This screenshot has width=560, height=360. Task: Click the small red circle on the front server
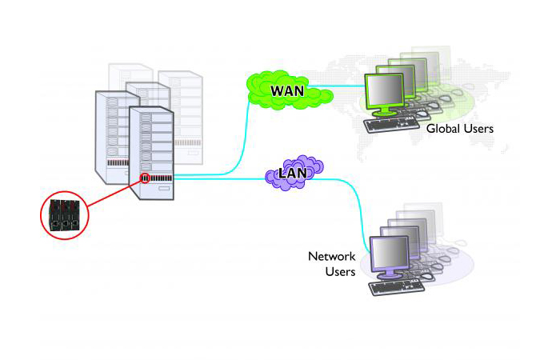(x=146, y=177)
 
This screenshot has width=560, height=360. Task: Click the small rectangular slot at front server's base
(x=162, y=189)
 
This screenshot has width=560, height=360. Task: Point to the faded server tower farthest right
(x=182, y=104)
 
